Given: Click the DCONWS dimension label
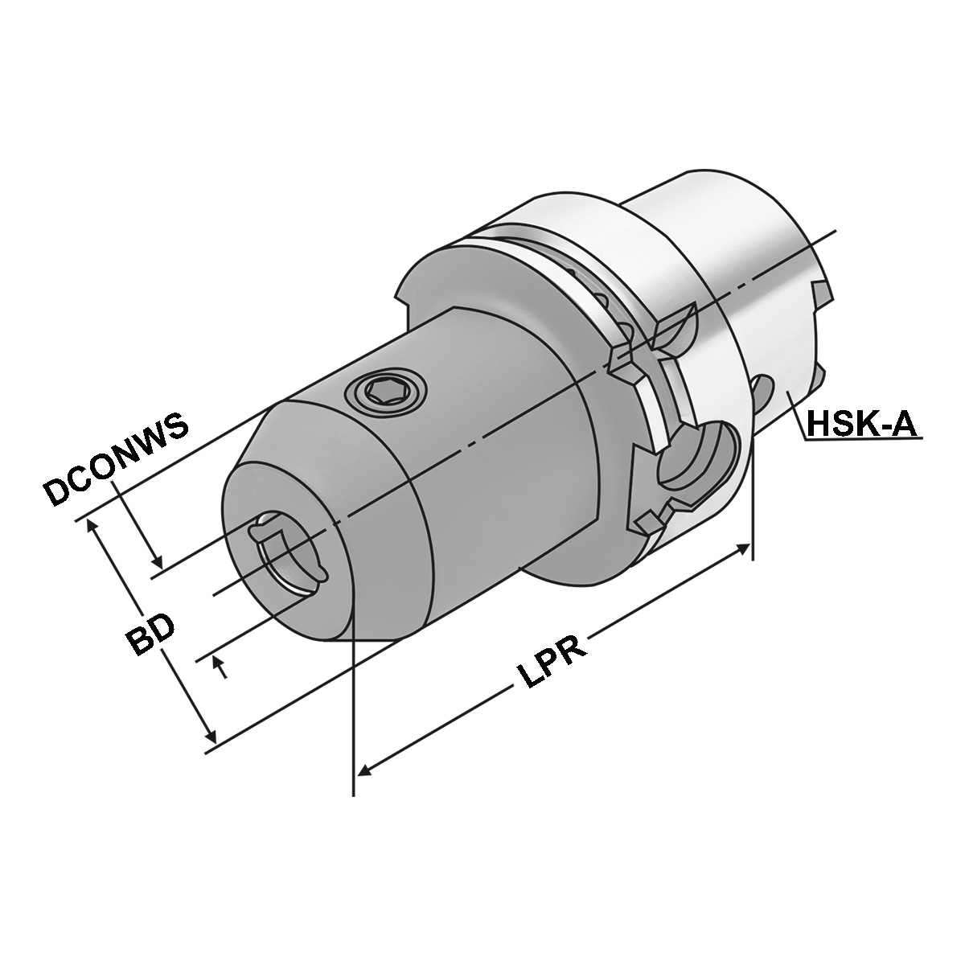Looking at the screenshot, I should coord(117,460).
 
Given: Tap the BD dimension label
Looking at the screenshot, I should coord(150,635).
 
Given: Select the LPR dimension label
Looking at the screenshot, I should coord(551,664).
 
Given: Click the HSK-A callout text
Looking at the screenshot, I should coord(861,424).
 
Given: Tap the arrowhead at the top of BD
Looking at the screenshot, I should coord(92,525).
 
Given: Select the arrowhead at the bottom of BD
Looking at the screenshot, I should coord(211,736).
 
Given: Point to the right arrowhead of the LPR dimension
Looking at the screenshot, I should coord(742,549).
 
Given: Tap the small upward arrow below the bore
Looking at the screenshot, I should coord(216,662).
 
